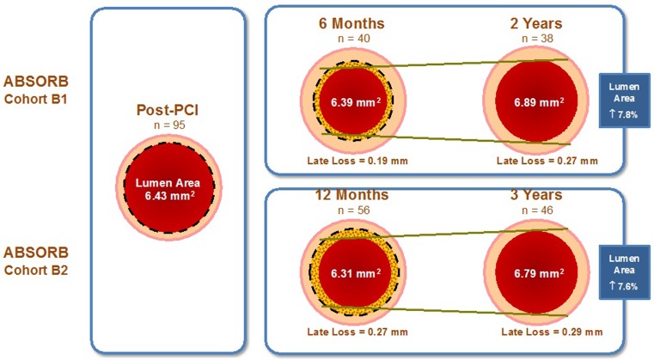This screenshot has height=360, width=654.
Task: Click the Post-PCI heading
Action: [168, 111]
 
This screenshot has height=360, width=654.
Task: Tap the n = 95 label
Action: [168, 125]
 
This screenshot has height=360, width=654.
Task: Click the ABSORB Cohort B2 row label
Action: [39, 260]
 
